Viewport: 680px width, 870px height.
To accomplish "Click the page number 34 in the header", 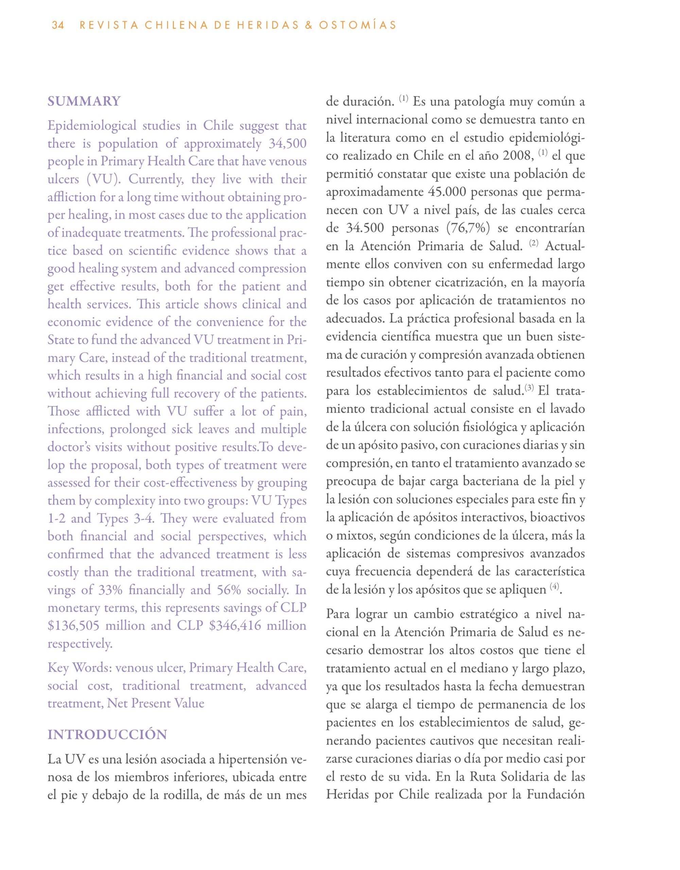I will point(58,25).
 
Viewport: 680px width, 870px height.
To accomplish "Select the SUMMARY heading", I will point(84,102).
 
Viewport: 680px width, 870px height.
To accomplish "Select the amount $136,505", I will point(73,625).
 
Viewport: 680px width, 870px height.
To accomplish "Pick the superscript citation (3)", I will point(529,388).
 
